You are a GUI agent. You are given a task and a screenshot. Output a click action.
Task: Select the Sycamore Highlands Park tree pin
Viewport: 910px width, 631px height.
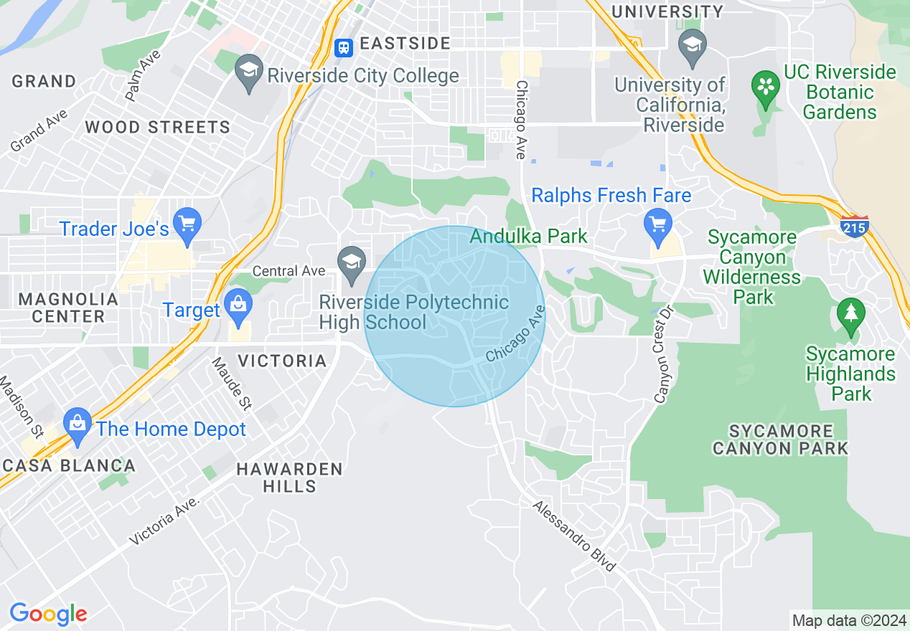point(851,315)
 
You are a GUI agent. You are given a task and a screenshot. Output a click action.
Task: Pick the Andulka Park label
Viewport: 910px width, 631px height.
point(529,236)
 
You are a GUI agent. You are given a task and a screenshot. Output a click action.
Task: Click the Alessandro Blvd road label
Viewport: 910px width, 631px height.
point(574,536)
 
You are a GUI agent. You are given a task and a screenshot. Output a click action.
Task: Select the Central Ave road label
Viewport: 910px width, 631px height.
point(289,271)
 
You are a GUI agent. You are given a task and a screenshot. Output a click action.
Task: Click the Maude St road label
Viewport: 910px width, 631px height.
point(231,384)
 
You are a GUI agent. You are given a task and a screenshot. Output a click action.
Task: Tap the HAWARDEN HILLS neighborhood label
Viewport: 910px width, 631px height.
point(289,478)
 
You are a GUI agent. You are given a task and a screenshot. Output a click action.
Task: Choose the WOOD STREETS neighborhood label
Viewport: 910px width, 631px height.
point(157,128)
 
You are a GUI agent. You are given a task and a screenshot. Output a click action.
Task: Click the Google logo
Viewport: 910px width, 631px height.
point(48,614)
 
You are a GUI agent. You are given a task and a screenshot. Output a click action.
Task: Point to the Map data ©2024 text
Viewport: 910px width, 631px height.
point(848,620)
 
